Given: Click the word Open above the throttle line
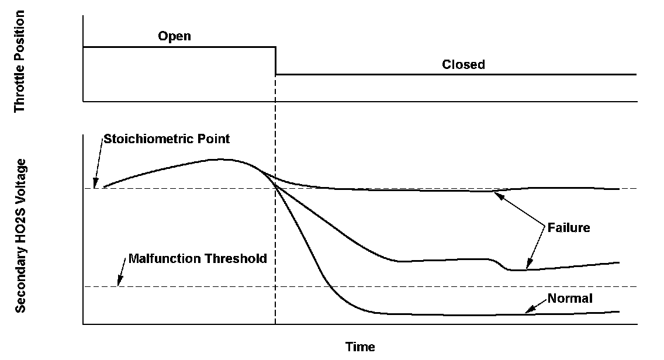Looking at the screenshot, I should [174, 36].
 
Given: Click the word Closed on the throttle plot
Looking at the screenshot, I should [463, 64].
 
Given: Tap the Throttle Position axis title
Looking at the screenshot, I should [20, 61].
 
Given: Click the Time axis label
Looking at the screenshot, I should [360, 347].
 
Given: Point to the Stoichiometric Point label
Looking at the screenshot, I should [166, 139].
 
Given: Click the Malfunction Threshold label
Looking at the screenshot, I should [197, 258].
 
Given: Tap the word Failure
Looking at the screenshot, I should [569, 228].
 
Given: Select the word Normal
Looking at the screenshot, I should [570, 299].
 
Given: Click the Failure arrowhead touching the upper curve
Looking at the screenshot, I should [497, 194].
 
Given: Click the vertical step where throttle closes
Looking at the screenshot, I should [275, 61].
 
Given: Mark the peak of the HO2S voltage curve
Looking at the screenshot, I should [221, 159].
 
